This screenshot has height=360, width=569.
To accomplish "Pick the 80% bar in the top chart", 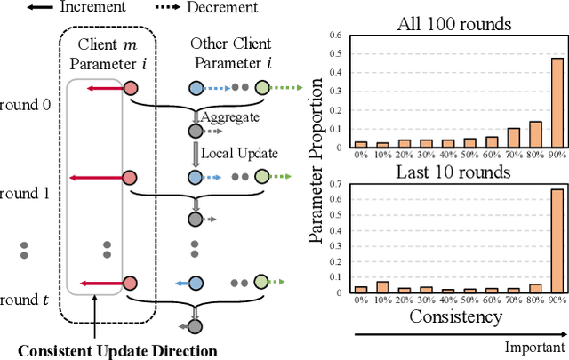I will pos(534,133).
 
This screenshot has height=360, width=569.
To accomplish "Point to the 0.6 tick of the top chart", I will pos(339,36).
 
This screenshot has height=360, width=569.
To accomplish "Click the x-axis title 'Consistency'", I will pos(457,317).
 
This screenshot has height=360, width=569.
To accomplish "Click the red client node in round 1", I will pos(132,177).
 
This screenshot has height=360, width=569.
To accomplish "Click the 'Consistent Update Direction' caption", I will pos(117,350).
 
